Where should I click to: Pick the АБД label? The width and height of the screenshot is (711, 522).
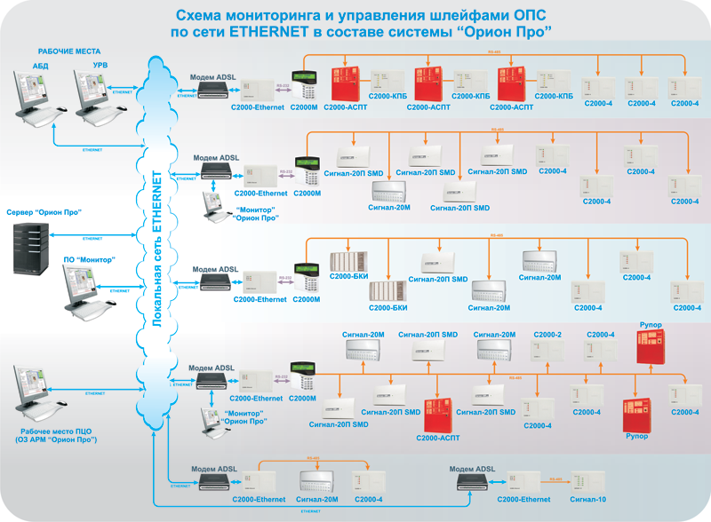(x=41, y=66)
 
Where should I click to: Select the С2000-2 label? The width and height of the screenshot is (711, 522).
(x=547, y=334)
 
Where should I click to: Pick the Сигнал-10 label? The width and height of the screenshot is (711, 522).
(x=588, y=500)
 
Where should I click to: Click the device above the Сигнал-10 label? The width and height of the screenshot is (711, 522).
(x=587, y=480)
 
